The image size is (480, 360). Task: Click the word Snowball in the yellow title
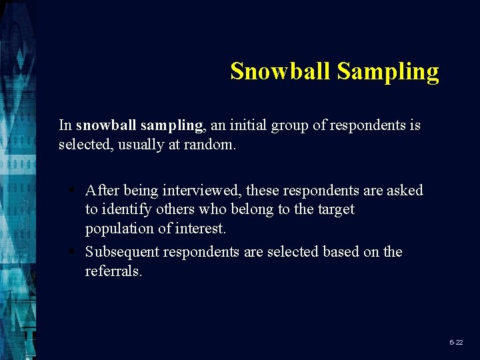(281, 71)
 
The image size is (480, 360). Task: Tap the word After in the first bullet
(103, 190)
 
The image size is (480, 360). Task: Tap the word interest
(201, 228)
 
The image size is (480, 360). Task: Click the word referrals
(113, 271)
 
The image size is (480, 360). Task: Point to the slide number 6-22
(456, 342)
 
